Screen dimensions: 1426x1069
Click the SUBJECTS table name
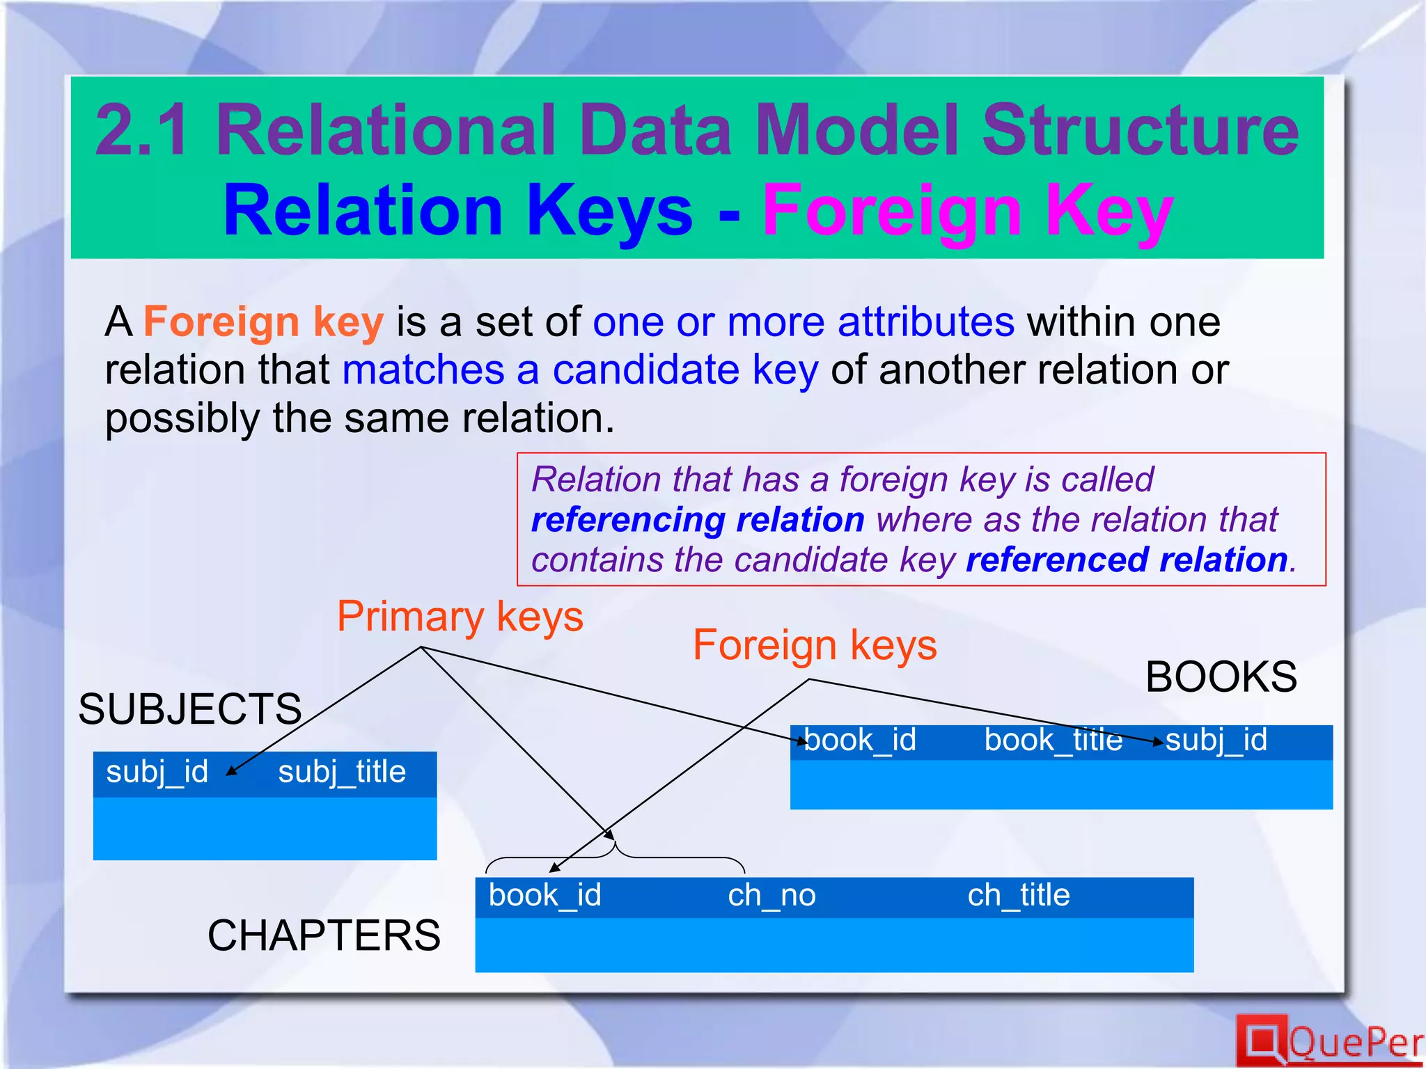point(189,709)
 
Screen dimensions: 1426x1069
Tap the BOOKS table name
point(1221,676)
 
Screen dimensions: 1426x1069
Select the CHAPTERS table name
point(324,935)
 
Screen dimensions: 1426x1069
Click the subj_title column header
point(341,772)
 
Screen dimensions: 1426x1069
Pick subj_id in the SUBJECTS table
point(157,772)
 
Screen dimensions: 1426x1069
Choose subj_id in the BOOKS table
point(1216,740)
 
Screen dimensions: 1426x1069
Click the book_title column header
point(1053,740)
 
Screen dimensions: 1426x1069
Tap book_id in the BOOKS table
point(860,740)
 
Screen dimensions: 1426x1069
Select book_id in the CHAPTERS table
point(544,895)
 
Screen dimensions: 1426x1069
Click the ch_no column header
point(771,895)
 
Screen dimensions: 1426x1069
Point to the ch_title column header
point(1019,895)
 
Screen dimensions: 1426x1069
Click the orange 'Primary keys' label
point(460,617)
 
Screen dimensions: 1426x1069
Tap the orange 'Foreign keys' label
point(815,645)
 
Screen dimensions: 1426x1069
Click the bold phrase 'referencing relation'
point(698,520)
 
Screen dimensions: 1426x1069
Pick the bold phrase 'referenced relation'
point(1127,560)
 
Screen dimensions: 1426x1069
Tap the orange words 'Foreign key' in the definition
point(263,322)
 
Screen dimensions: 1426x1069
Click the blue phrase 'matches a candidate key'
point(580,370)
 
